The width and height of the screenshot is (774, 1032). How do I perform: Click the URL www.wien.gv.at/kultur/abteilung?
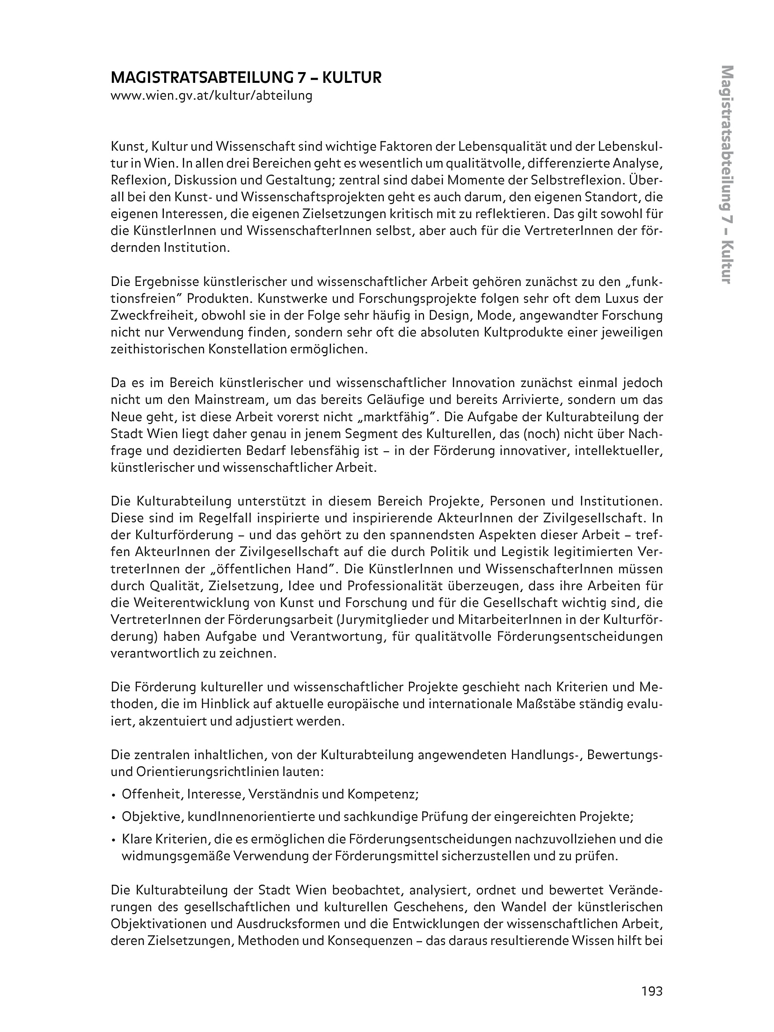click(x=211, y=96)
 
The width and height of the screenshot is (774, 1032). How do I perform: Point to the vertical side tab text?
click(x=727, y=181)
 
